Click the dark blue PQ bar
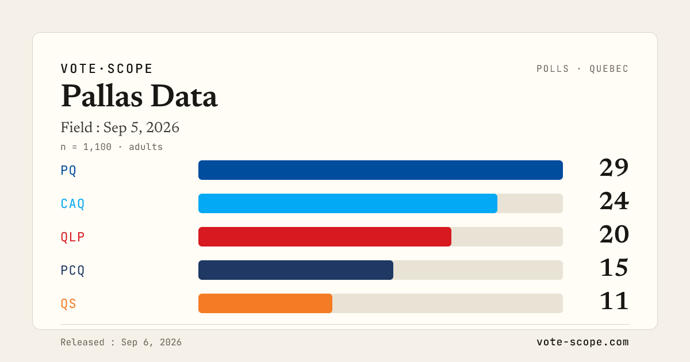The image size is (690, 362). [x=381, y=170]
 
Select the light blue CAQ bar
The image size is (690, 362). [x=348, y=203]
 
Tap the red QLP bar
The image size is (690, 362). [x=325, y=237]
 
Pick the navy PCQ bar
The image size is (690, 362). [x=296, y=270]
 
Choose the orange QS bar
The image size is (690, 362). [x=265, y=303]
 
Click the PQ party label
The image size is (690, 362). [x=68, y=170]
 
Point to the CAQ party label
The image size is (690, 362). [x=72, y=203]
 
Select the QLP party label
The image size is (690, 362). [x=72, y=237]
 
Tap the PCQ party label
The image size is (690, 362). [x=72, y=270]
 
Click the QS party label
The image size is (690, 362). [x=68, y=303]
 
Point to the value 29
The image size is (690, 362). [x=614, y=167]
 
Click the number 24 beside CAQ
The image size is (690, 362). [x=614, y=201]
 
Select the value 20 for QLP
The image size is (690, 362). [x=614, y=234]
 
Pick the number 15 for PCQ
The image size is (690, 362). [x=614, y=268]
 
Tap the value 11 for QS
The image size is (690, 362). [x=614, y=301]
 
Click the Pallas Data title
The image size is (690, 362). [x=139, y=96]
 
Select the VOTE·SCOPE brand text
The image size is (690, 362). [x=106, y=68]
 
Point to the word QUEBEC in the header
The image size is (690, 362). [x=609, y=68]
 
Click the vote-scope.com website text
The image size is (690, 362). [x=582, y=342]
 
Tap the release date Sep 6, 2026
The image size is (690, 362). [x=151, y=342]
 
